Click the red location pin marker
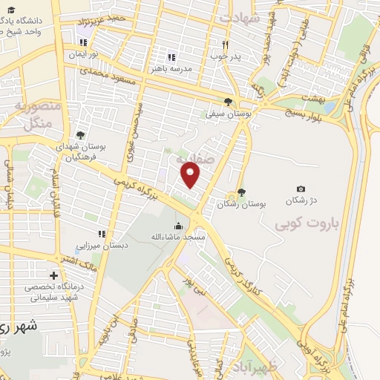(x=191, y=174)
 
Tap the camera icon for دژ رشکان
(x=300, y=190)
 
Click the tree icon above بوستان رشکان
(x=241, y=191)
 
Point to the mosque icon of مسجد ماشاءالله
(x=177, y=226)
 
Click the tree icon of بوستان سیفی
(x=228, y=102)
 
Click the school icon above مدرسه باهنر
(x=171, y=57)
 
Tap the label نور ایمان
(x=84, y=54)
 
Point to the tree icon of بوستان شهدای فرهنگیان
(x=79, y=135)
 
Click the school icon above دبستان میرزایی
(x=102, y=233)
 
